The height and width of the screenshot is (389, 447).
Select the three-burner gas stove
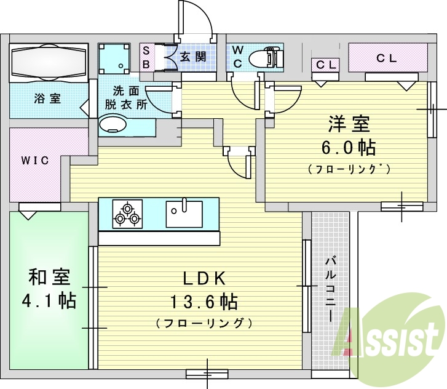click(x=127, y=214)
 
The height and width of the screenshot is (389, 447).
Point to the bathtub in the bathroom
click(x=49, y=62)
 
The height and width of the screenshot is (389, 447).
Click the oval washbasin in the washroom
click(x=113, y=126)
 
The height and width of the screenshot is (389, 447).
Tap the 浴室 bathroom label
click(x=47, y=98)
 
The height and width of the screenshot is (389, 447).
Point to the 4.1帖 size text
click(x=49, y=301)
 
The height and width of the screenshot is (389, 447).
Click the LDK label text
click(x=204, y=278)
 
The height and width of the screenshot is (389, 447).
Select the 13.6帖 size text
click(x=204, y=302)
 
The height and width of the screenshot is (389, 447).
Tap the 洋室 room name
click(x=348, y=124)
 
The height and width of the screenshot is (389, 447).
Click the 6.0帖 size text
click(x=348, y=148)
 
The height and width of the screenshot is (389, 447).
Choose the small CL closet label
click(x=325, y=64)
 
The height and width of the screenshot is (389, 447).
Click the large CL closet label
click(x=387, y=58)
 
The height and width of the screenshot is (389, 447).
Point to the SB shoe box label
click(x=147, y=57)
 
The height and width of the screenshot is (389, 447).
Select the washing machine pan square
click(x=115, y=60)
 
